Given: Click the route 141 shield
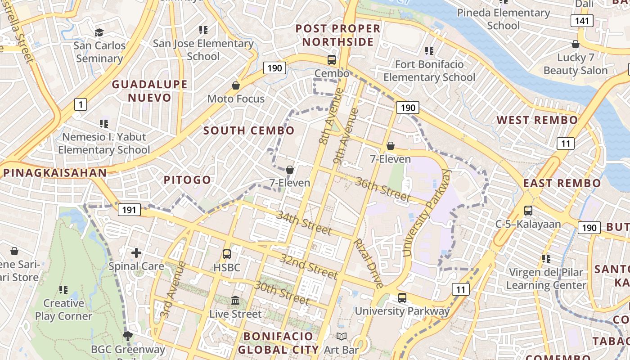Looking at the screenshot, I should (x=582, y=20).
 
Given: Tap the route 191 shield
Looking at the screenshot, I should (x=129, y=210).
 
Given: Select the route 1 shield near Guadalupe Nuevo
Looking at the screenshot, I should (x=80, y=105).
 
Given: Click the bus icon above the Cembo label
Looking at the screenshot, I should (x=332, y=60).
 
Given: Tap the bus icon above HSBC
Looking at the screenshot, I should (x=227, y=254).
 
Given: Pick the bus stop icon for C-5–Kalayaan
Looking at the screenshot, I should (x=528, y=210).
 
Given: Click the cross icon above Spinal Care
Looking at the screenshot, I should (x=136, y=253).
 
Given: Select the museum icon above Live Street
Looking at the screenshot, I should (x=235, y=300).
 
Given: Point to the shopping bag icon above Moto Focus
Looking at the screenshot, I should (x=235, y=85).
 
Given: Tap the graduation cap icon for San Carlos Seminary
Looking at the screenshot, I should (x=99, y=32).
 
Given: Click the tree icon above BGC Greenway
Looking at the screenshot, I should (x=128, y=336).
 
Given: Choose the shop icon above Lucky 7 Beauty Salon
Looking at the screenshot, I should (x=575, y=44).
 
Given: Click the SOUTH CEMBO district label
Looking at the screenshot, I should (x=249, y=130).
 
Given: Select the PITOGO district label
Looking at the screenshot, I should (x=187, y=180).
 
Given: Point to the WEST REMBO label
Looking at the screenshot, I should (x=537, y=120).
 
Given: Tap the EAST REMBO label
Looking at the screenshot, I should (x=562, y=183).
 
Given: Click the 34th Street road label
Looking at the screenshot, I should (x=304, y=223).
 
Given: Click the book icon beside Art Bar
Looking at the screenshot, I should (x=342, y=336).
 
